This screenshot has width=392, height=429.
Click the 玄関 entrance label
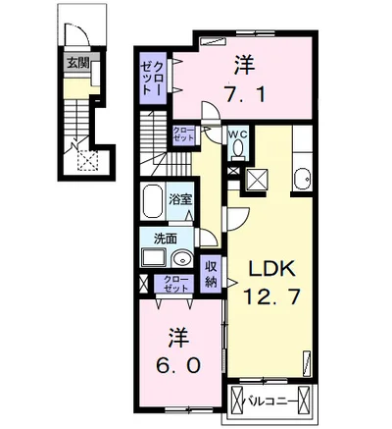pyautogui.click(x=77, y=63)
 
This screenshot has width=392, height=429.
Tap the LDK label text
pyautogui.click(x=272, y=270)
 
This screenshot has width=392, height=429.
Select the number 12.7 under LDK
pyautogui.click(x=271, y=297)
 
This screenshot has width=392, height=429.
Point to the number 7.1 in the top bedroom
pyautogui.click(x=244, y=94)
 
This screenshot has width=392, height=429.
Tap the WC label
pyautogui.click(x=239, y=134)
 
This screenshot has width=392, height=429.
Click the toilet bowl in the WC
pyautogui.click(x=239, y=148)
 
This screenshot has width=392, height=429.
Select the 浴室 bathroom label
pyautogui.click(x=180, y=199)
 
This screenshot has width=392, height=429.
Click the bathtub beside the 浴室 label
pyautogui.click(x=153, y=202)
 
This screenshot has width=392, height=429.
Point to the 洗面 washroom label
pyautogui.click(x=166, y=240)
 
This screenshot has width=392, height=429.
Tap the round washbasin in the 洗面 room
pyautogui.click(x=182, y=259)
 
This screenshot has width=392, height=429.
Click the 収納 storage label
pyautogui.click(x=212, y=274)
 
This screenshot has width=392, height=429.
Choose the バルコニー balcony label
pyautogui.click(x=270, y=400)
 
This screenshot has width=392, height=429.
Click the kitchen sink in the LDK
pyautogui.click(x=302, y=179)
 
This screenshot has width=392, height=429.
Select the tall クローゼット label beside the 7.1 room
pyautogui.click(x=151, y=79)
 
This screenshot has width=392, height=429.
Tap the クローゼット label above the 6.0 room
pyautogui.click(x=176, y=284)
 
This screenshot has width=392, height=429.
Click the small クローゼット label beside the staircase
pyautogui.click(x=183, y=134)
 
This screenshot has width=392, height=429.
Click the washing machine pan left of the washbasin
pyautogui.click(x=154, y=257)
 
